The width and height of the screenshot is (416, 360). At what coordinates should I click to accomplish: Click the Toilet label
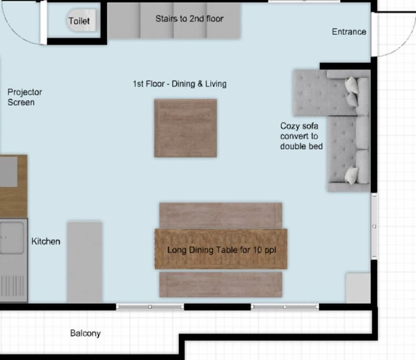pos(79,21)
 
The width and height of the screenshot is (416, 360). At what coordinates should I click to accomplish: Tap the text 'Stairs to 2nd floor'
pos(189,19)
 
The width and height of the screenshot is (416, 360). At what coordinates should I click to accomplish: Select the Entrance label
pos(349,32)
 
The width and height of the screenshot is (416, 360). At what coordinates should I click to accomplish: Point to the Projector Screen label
pos(25,97)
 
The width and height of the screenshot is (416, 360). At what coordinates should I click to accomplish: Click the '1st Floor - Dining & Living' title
pos(180,84)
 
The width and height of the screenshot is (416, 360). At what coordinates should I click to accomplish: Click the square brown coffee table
pos(186,128)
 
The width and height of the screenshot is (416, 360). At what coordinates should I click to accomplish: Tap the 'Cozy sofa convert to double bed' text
pos(301,136)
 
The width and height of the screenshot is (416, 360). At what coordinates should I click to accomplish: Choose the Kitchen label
pos(46,241)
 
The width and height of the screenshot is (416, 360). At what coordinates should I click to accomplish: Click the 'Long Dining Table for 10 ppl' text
pos(222,250)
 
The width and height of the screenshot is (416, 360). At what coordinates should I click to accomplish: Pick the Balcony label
pos(85,333)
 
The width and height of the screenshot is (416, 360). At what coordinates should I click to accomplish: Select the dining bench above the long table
pos(221,215)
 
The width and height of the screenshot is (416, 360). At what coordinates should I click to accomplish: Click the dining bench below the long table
pos(221,284)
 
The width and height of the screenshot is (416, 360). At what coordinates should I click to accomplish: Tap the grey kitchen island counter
pos(84,262)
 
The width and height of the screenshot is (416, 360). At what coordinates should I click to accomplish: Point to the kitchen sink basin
pos(12,238)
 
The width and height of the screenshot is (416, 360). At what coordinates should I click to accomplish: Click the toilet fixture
pos(81,20)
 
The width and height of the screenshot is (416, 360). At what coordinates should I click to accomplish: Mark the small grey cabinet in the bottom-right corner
pos(358,288)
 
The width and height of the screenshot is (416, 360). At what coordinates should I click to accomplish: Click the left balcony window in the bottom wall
pos(150,307)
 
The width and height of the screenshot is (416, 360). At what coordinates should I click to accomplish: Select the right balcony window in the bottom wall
pos(285,307)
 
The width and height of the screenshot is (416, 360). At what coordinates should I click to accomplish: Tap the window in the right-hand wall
pos(374,226)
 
